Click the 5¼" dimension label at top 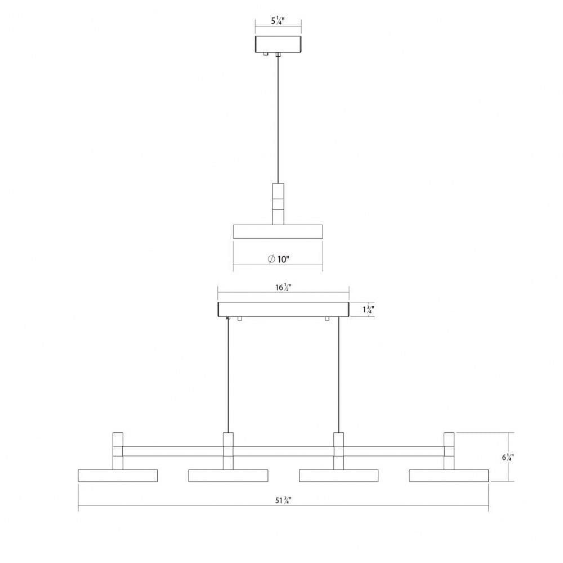click(x=278, y=21)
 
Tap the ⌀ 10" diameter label click(x=279, y=259)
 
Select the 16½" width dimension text click(x=283, y=287)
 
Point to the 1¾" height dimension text click(x=368, y=309)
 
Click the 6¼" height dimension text click(x=508, y=457)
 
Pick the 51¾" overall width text click(x=283, y=500)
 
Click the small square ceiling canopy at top click(x=278, y=44)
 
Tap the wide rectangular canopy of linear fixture click(x=283, y=310)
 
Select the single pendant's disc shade click(x=278, y=231)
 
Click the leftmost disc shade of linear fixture click(x=118, y=475)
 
